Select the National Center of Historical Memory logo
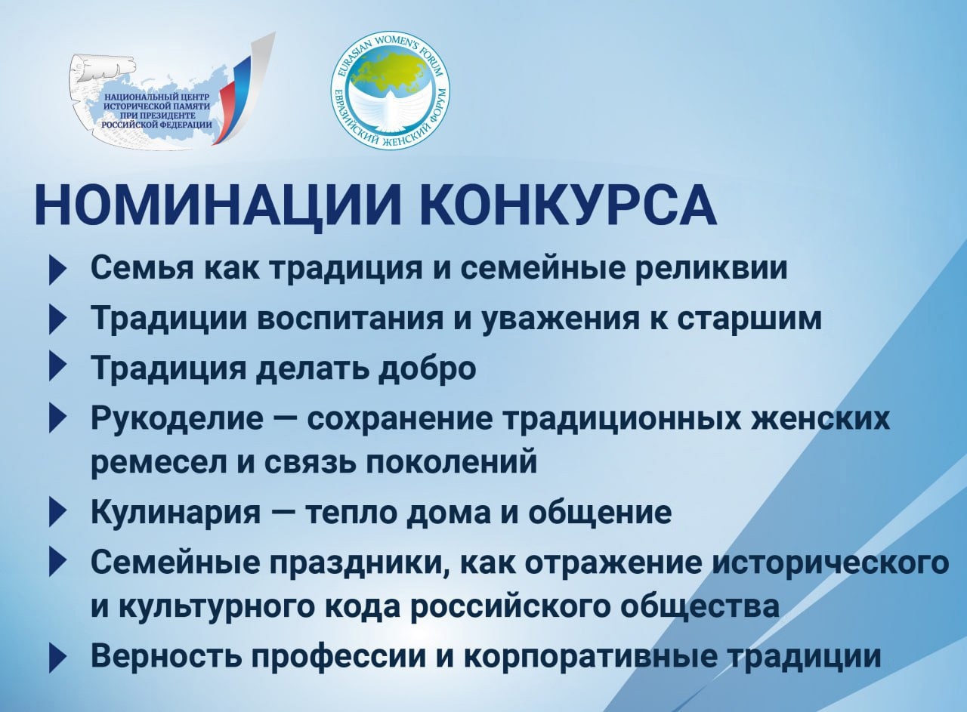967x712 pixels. click(171, 91)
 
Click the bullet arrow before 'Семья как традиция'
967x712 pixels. click(57, 270)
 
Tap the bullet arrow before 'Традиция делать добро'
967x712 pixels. click(57, 367)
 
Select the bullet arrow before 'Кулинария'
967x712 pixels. click(57, 513)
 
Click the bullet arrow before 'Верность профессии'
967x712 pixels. click(57, 658)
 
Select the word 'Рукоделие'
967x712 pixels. click(177, 419)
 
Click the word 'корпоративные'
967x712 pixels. click(591, 658)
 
